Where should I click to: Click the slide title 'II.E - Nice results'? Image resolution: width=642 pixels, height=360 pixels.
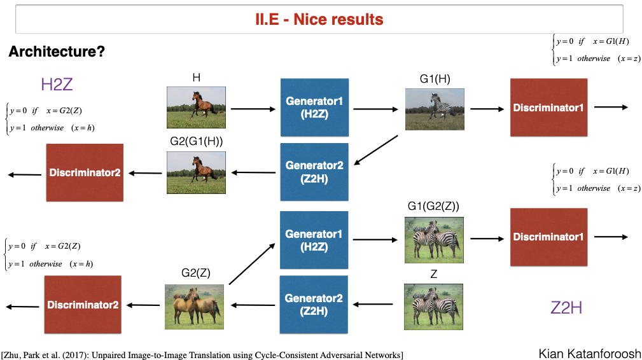pos(319,19)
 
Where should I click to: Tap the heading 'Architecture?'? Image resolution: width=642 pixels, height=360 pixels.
pos(57,52)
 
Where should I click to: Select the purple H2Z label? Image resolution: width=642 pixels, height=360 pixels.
pos(57,84)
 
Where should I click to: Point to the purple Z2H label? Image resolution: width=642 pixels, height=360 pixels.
pos(566,308)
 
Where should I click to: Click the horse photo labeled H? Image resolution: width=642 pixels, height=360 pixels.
pos(196,107)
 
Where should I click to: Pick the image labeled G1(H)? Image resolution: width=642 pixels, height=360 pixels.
pos(435,109)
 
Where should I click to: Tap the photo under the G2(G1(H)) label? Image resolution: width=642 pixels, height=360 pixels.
pos(196,172)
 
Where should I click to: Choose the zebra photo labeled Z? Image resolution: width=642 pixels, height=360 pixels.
pos(433,307)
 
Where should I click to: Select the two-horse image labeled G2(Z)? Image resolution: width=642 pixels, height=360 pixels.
pos(195,307)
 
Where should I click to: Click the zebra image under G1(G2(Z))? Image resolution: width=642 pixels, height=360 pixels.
pos(434,240)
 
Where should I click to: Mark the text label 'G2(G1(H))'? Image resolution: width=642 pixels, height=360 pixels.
pos(197,141)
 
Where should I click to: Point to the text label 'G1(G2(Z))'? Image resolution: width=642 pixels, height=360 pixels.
pos(433,206)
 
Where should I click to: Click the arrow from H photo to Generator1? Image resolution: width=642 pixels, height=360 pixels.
pos(253,109)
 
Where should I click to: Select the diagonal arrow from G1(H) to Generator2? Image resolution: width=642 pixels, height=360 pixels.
pos(376,150)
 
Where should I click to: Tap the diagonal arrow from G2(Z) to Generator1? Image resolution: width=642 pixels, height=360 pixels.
pos(252,264)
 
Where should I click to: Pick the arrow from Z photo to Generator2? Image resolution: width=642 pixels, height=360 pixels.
pos(373,305)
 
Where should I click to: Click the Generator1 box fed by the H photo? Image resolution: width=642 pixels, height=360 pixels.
pos(314,107)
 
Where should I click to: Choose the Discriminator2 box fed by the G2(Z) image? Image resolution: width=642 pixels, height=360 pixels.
pos(83,305)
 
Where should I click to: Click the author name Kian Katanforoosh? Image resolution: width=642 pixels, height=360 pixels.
pos(590,354)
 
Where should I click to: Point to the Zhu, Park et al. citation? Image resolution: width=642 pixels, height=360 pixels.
pos(202,355)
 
